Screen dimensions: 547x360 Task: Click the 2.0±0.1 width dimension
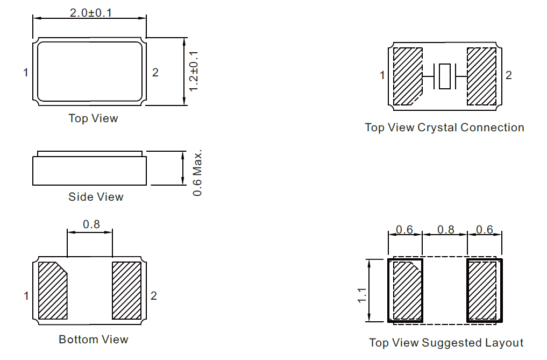coord(91,13)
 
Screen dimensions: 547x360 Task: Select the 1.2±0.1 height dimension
coord(194,71)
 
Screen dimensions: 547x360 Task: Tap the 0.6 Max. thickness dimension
coord(197,173)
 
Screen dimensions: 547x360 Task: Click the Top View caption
coord(93,118)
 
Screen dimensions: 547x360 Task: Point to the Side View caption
coord(96,197)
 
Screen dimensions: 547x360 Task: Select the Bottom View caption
coord(94,340)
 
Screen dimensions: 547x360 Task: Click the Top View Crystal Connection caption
coord(444,128)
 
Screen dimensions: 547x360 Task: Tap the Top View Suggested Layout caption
coord(446,343)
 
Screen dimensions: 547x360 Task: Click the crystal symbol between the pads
coord(445,76)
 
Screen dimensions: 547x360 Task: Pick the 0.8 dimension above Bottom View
coord(91,224)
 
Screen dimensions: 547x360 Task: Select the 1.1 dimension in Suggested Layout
coord(362,295)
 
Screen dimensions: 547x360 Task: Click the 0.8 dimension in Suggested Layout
coord(446,230)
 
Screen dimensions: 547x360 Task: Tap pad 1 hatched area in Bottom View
coord(53,291)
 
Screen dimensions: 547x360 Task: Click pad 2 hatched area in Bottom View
coord(126,291)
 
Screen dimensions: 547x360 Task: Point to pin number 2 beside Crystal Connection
coord(509,75)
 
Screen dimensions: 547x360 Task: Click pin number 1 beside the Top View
coord(25,73)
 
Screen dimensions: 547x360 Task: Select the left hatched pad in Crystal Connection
coord(408,76)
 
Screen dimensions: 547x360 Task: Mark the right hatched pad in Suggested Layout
coord(482,291)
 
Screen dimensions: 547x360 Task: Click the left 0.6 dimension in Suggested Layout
coord(404,230)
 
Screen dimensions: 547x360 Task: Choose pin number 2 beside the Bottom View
coord(154,296)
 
